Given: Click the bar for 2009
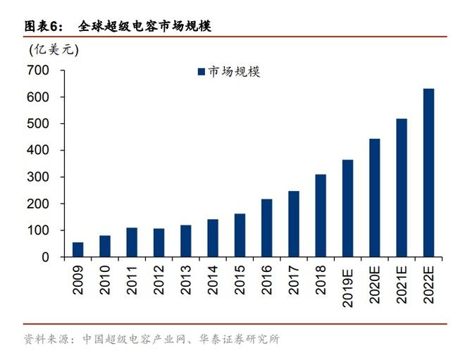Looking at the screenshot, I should pyautogui.click(x=78, y=249).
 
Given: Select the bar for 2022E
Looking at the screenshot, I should pyautogui.click(x=428, y=173).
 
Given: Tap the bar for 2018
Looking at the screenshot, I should pyautogui.click(x=321, y=216).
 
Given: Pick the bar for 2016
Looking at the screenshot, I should pyautogui.click(x=266, y=228).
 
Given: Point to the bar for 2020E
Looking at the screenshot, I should pyautogui.click(x=374, y=198).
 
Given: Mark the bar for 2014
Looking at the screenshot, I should pyautogui.click(x=213, y=238).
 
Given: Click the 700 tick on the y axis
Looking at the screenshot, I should pyautogui.click(x=39, y=70).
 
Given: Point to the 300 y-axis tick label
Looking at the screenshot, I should pyautogui.click(x=39, y=178).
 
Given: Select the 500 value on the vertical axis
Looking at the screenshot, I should pyautogui.click(x=39, y=124).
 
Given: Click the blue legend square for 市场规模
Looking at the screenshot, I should pyautogui.click(x=201, y=72).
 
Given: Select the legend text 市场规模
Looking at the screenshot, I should pyautogui.click(x=234, y=72).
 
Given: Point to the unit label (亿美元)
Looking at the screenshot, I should pyautogui.click(x=54, y=49).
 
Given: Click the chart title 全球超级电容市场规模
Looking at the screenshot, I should pyautogui.click(x=144, y=26).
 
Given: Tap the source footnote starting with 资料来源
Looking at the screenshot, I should pyautogui.click(x=152, y=340).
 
